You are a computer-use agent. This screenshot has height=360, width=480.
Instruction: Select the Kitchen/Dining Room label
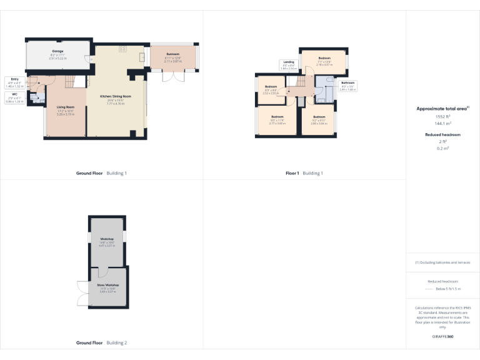coord(116,99)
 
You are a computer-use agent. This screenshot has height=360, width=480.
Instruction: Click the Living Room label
coord(66,111)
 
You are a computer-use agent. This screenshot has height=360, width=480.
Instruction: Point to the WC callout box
coord(14,97)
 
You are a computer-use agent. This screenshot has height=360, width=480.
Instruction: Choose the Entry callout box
coord(14,82)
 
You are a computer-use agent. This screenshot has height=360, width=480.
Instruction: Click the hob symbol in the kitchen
coord(122,47)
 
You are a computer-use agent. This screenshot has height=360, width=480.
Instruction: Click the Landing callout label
coord(288,64)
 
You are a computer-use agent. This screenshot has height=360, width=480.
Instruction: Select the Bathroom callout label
coord(347,86)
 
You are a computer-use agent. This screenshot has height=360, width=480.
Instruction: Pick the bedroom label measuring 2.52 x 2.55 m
coord(271,89)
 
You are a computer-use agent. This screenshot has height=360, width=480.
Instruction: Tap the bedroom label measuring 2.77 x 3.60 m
coord(277,120)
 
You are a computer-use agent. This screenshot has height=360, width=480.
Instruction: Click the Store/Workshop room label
coord(107,288)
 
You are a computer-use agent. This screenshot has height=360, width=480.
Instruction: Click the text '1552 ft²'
coord(442,117)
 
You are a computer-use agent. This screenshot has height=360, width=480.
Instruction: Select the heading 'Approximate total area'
coord(442,109)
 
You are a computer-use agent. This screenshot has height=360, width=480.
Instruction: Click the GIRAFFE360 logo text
coord(442,336)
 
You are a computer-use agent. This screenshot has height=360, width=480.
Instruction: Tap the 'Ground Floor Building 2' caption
coord(101,342)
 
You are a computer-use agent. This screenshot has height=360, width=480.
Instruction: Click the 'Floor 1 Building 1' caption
coord(304,172)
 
